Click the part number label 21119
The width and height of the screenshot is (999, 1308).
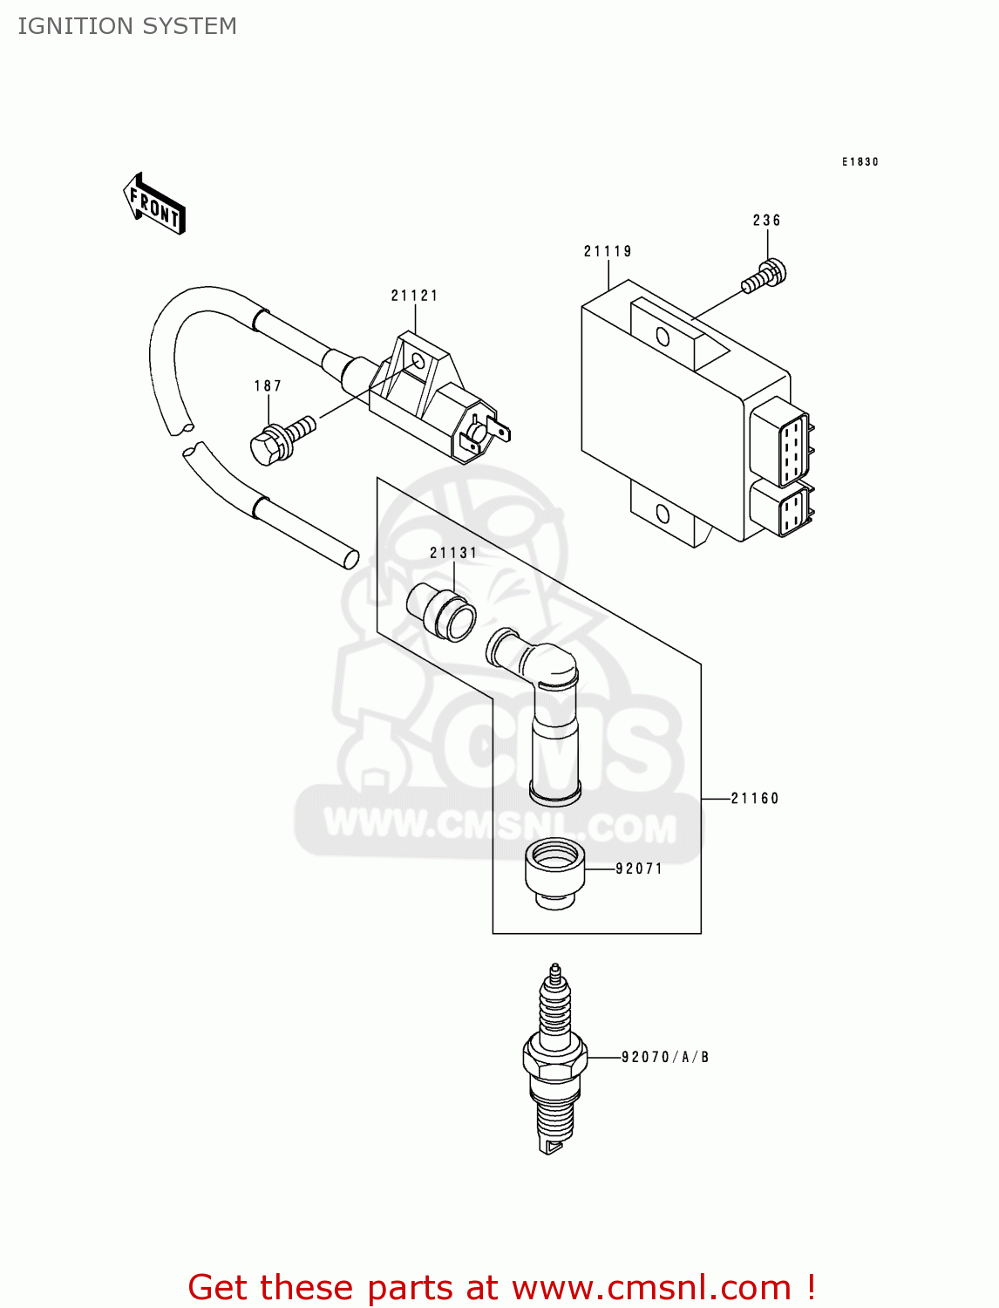coord(608,251)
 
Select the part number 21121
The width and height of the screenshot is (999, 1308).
coord(414,296)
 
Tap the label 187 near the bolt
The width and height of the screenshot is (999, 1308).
coord(268,385)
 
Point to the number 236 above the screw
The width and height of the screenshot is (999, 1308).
coord(766,221)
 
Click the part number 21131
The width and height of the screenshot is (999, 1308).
coord(453,553)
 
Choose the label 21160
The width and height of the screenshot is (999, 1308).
coord(755,798)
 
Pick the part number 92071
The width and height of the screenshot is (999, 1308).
coord(639,869)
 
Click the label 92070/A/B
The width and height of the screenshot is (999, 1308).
coord(665,1057)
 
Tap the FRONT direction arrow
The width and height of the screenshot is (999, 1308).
coord(154,205)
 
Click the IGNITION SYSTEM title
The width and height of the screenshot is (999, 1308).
coord(127,26)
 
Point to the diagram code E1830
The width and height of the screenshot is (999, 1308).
coord(860,161)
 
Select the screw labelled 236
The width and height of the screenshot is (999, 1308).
coord(765,276)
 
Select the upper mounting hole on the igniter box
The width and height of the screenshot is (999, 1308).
coord(663,337)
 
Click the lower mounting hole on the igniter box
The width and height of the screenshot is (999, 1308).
coord(663,513)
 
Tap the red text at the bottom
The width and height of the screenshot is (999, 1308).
coord(501,1287)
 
